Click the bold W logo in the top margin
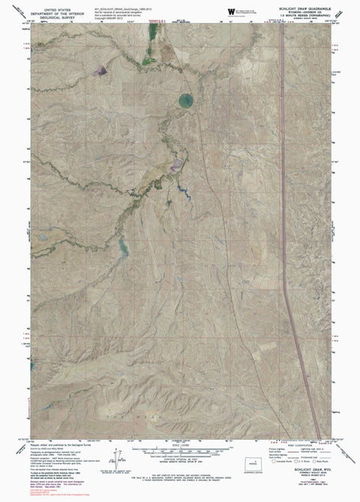coord(230,10)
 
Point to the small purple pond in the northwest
coord(99,71)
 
